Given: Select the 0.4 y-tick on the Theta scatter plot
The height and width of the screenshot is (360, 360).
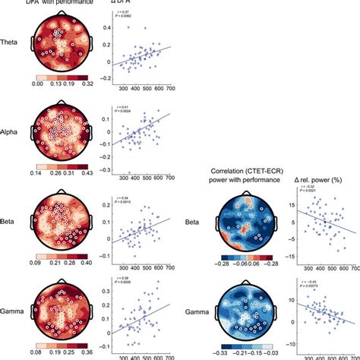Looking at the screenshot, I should click(108, 30).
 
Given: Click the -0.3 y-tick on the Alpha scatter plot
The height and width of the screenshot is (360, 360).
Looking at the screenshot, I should click(106, 173).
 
